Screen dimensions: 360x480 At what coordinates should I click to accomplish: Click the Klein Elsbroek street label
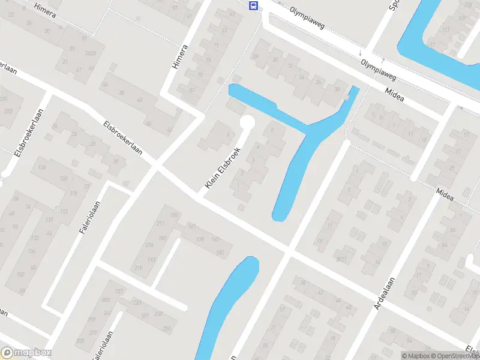pyautogui.click(x=223, y=168)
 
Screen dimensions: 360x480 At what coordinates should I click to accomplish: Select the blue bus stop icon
pyautogui.click(x=254, y=6)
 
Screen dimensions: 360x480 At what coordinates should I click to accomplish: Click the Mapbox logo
pyautogui.click(x=26, y=353)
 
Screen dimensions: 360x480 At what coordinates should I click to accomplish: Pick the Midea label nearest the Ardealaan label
pyautogui.click(x=445, y=194)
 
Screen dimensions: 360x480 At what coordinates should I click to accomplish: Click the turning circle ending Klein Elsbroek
pyautogui.click(x=247, y=123)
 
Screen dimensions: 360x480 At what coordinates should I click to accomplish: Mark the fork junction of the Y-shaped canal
pyautogui.click(x=312, y=128)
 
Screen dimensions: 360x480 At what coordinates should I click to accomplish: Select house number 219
pyautogui.click(x=139, y=268)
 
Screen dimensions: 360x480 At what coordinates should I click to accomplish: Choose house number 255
pyautogui.click(x=167, y=328)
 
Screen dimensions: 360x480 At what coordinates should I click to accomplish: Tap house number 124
pyautogui.click(x=42, y=167)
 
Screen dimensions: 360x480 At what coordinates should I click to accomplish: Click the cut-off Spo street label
pyautogui.click(x=393, y=5)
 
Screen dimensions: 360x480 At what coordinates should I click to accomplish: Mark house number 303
pyautogui.click(x=80, y=341)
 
